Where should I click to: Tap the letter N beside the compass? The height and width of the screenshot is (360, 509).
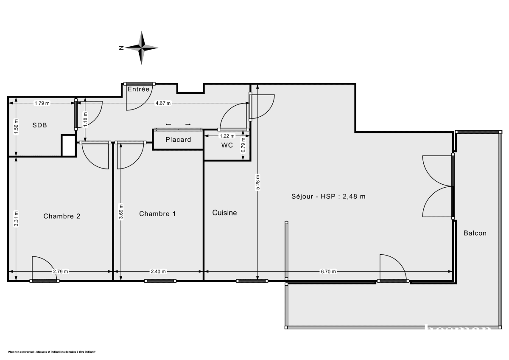[x=121, y=48]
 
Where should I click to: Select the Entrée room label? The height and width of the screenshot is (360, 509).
[x=138, y=89]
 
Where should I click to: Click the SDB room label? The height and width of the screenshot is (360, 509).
[x=40, y=125]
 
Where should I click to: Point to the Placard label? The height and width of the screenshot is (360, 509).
[x=178, y=140]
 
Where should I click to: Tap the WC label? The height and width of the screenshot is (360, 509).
[x=227, y=145]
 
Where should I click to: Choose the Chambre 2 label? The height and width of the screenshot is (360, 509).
[x=62, y=216]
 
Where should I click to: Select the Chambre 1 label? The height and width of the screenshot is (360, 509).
[x=157, y=214]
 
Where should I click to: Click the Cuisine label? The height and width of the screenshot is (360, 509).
[x=225, y=213]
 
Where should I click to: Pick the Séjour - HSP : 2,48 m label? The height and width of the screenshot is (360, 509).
[x=328, y=196]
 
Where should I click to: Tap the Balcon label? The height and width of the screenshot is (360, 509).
[x=475, y=233]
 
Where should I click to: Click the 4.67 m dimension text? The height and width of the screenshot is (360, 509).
[x=163, y=103]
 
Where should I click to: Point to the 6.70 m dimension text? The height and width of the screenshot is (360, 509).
[x=328, y=272]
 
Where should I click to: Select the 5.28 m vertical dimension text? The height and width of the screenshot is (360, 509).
[x=257, y=183]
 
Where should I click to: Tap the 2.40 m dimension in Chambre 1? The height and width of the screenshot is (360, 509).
[x=158, y=272]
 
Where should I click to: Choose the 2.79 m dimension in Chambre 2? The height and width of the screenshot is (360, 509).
[x=61, y=272]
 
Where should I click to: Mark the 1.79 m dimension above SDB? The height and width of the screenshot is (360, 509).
[x=42, y=103]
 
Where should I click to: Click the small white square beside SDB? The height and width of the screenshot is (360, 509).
[x=68, y=146]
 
